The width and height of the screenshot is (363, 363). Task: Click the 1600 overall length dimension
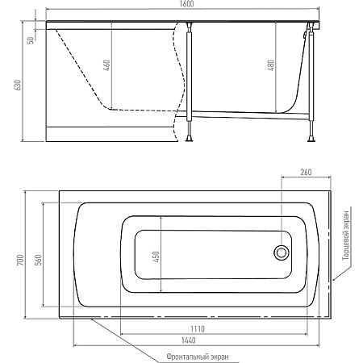pyautogui.click(x=187, y=5)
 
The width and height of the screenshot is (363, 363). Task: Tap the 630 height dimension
pyautogui.click(x=18, y=85)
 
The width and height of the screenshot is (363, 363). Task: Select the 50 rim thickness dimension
pyautogui.click(x=31, y=40)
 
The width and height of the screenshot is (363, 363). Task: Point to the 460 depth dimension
pyautogui.click(x=106, y=65)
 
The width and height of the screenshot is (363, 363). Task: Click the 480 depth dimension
pyautogui.click(x=272, y=65)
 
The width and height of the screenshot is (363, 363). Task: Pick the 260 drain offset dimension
pyautogui.click(x=306, y=172)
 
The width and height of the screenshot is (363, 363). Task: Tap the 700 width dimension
pyautogui.click(x=21, y=260)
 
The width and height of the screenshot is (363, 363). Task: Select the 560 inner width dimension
pyautogui.click(x=39, y=260)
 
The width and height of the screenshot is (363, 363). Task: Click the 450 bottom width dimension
pyautogui.click(x=156, y=257)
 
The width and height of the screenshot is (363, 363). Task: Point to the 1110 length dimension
pyautogui.click(x=198, y=329)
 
